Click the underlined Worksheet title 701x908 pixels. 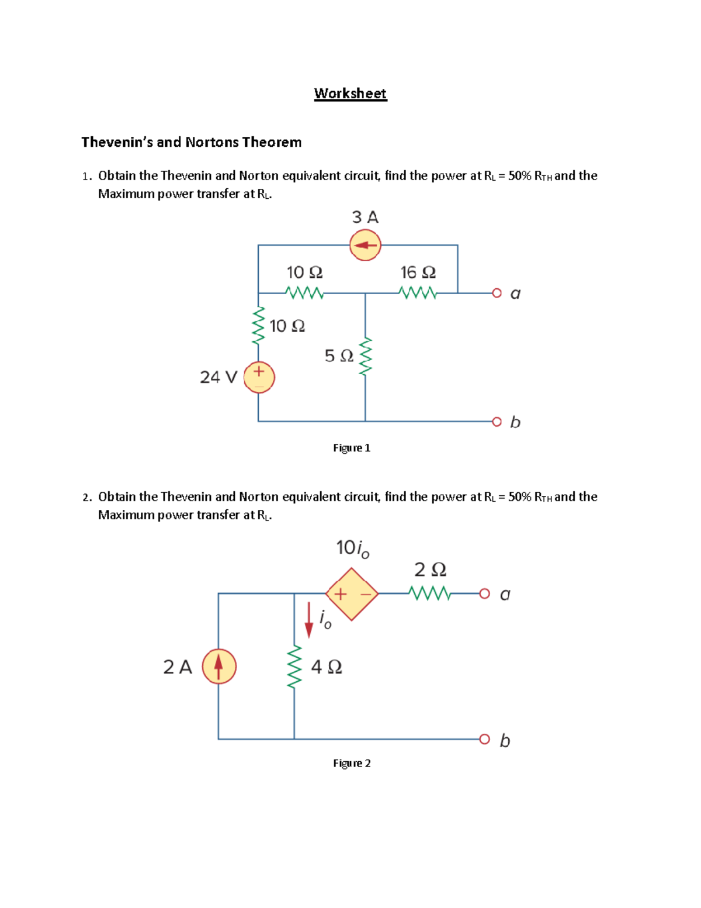tap(350, 94)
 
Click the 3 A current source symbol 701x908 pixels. tap(365, 245)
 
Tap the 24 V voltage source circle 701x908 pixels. tap(259, 377)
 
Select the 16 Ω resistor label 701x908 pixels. tap(418, 272)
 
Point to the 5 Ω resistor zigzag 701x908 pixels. tap(366, 356)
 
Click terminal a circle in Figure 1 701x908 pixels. tap(497, 293)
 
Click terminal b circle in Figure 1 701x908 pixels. tap(497, 422)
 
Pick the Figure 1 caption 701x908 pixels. tap(352, 448)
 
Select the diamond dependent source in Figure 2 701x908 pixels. tap(352, 594)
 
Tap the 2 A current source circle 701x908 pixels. tap(219, 667)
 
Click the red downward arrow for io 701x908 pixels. tap(309, 620)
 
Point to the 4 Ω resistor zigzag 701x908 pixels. tap(295, 667)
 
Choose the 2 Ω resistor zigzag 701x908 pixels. tap(431, 593)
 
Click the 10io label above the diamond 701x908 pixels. tap(353, 548)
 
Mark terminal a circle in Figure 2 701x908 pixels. tap(484, 594)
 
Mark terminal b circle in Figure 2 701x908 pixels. tap(484, 740)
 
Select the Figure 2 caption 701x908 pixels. tap(352, 763)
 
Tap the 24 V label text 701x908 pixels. tap(218, 377)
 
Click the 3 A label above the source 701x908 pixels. tap(365, 217)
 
